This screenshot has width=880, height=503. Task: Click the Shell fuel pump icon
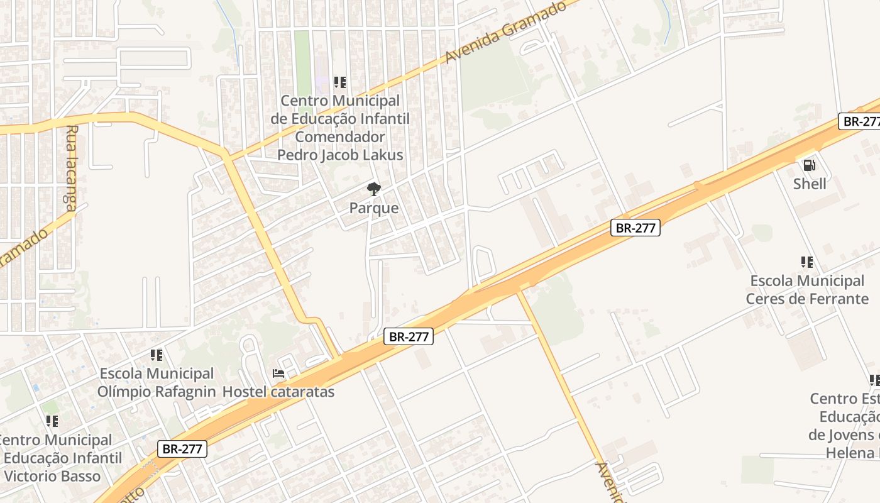809,165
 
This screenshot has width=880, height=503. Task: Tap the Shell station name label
810,184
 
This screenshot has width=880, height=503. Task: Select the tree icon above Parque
373,189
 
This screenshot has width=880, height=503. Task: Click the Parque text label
374,208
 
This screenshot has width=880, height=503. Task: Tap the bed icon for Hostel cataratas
278,373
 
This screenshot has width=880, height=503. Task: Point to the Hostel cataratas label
278,392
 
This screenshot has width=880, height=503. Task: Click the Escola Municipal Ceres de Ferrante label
807,289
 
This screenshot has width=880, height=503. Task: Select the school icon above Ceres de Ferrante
807,262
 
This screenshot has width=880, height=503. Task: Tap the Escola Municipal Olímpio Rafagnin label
157,382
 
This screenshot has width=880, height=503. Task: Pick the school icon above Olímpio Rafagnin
157,355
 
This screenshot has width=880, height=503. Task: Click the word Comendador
340,136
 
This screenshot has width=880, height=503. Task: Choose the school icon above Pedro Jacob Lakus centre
340,82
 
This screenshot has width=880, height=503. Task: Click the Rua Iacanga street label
70,167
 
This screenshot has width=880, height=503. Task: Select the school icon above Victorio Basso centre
52,421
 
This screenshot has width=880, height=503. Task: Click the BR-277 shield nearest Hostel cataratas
409,337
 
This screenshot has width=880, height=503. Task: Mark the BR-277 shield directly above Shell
859,121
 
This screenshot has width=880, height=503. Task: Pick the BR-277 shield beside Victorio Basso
182,449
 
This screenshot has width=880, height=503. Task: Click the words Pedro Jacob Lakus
340,155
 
